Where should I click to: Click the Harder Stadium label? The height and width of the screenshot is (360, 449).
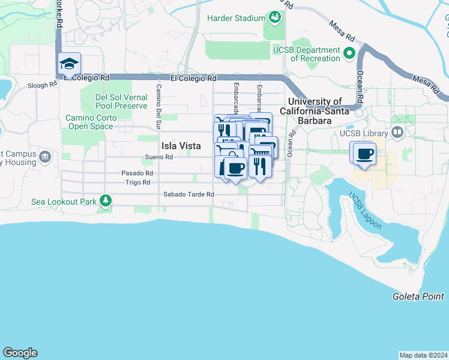tap(236, 18)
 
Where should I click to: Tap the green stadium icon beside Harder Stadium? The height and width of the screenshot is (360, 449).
tap(275, 17)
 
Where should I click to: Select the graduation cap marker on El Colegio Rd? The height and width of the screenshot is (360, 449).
tap(70, 64)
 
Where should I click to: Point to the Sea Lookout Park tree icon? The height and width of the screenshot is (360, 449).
tap(106, 200)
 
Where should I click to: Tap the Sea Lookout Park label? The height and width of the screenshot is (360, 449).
tap(64, 202)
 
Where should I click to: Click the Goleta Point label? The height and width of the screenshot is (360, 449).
tap(418, 296)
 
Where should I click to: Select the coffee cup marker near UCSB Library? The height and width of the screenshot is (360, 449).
tap(364, 154)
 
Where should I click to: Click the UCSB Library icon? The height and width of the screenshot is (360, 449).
tap(396, 132)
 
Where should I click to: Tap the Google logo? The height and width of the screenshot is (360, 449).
tap(19, 353)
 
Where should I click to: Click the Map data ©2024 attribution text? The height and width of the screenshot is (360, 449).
tap(423, 355)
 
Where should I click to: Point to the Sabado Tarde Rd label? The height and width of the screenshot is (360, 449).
tap(188, 194)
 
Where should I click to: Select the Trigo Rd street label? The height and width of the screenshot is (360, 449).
tap(137, 182)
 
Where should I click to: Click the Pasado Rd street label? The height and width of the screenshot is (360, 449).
tap(137, 173)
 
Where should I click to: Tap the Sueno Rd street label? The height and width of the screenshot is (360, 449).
tap(159, 157)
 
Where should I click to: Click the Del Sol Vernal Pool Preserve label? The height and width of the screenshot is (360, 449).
tap(121, 101)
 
